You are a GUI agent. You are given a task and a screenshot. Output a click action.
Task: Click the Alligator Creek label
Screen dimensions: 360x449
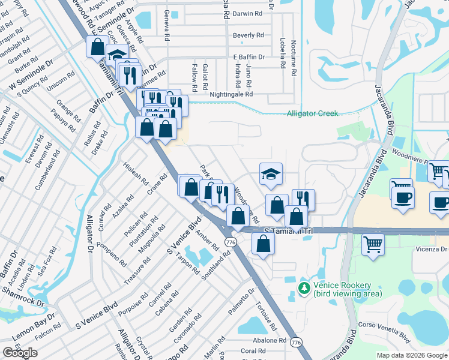click(x=312, y=113)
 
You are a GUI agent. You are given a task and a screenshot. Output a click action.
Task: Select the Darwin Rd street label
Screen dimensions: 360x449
click(x=248, y=13)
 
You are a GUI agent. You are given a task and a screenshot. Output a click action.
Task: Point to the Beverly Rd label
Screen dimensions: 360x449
click(x=249, y=35)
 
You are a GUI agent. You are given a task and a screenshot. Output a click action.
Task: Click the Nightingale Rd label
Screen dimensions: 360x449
click(x=231, y=94)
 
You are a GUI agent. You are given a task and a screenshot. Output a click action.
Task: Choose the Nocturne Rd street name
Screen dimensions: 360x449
click(x=294, y=58)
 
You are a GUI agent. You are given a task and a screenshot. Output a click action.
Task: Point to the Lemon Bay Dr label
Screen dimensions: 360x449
click(x=33, y=340)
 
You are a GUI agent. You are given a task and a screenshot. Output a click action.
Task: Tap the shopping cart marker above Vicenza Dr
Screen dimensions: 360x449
click(x=373, y=244)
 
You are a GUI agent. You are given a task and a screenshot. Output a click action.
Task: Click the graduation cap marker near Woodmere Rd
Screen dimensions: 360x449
click(x=271, y=173)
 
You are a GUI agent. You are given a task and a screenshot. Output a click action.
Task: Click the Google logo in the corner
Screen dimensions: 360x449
click(x=20, y=353)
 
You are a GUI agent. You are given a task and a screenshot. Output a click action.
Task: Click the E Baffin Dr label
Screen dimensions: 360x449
click(x=249, y=56)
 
